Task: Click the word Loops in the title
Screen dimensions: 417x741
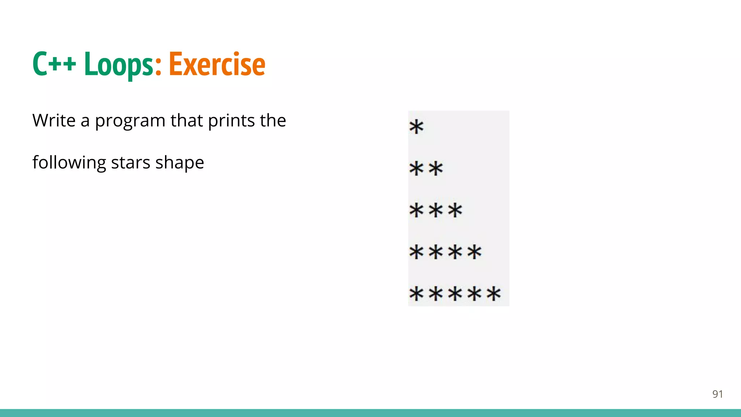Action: pos(119,64)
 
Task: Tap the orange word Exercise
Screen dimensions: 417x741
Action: pos(217,64)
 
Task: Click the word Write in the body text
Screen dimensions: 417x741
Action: pos(54,120)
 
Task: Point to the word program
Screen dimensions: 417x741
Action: pos(130,122)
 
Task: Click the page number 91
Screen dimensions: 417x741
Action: pos(717,394)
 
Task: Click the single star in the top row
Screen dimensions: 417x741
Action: pos(416,127)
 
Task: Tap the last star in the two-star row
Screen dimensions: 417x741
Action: pos(436,169)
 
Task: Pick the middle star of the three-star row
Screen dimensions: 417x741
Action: pos(436,210)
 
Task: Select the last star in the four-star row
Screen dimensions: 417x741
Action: pos(474,252)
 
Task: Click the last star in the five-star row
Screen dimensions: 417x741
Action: pos(494,294)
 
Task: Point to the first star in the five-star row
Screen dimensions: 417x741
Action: pos(416,294)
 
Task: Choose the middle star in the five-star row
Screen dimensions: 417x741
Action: pos(455,294)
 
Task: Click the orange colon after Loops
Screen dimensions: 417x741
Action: pos(158,67)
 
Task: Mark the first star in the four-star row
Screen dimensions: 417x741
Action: pos(416,252)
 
